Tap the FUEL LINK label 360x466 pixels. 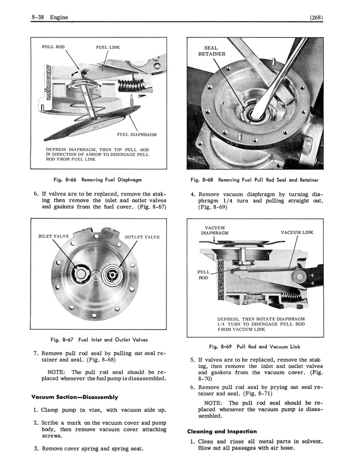[x=108, y=48]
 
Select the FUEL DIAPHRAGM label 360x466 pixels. [x=137, y=134]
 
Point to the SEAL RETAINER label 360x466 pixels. [x=212, y=51]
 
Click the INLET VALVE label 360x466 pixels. [x=53, y=236]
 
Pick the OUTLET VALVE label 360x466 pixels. [x=142, y=237]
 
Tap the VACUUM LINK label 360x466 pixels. [x=297, y=233]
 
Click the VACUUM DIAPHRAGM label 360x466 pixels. [x=214, y=230]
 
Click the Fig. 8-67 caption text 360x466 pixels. [x=99, y=340]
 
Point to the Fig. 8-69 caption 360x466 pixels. [x=255, y=347]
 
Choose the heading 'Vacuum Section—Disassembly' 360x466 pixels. [x=75, y=397]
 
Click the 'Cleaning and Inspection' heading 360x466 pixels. [x=222, y=431]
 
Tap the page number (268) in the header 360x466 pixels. [x=316, y=18]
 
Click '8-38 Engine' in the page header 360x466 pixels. [x=49, y=18]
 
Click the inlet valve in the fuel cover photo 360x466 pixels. [x=80, y=274]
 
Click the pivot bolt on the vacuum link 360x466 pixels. [x=299, y=277]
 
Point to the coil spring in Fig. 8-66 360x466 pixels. [x=130, y=86]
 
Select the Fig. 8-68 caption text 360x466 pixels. [x=255, y=180]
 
